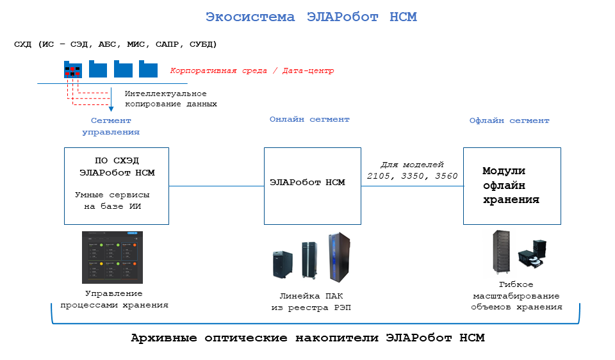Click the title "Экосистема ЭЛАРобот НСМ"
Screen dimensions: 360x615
(311, 17)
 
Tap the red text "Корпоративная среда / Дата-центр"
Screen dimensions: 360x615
(252, 70)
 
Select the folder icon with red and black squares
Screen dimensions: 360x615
(72, 69)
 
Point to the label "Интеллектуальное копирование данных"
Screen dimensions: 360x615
(170, 99)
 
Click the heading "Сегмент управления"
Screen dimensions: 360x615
(111, 126)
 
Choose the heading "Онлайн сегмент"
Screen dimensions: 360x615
(309, 119)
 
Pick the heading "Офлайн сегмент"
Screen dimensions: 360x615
(509, 120)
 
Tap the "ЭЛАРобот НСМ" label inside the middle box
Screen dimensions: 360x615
(307, 183)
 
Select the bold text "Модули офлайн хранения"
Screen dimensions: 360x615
(511, 185)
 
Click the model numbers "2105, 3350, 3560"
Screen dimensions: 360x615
(412, 176)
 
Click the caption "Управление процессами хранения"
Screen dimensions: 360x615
(114, 300)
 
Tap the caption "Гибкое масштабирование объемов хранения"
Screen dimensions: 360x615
(516, 295)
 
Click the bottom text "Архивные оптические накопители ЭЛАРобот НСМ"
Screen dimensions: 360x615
(307, 338)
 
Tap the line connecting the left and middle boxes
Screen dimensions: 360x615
(217, 186)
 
